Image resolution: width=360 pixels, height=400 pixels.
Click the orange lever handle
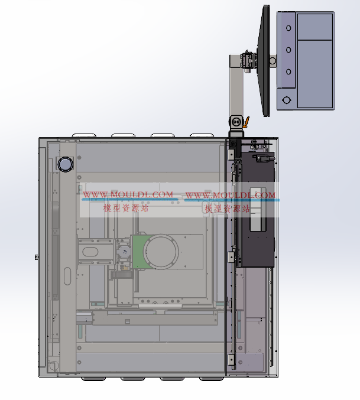tap(247, 122)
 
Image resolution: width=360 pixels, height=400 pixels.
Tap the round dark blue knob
tap(66, 164)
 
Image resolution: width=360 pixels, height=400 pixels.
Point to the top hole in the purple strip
tap(288, 28)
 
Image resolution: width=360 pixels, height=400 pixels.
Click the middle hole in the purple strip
tap(288, 50)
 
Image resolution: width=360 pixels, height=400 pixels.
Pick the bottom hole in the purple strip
tap(288, 71)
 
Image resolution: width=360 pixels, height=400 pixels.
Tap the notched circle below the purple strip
tap(287, 100)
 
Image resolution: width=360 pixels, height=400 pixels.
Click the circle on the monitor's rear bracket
tap(273, 61)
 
